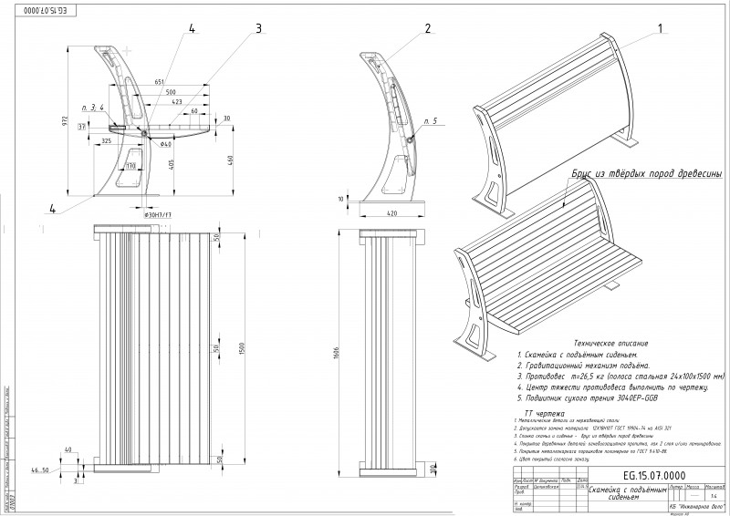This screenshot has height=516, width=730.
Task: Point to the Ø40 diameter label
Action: pos(166,144)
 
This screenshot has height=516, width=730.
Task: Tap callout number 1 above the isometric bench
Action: pos(658,28)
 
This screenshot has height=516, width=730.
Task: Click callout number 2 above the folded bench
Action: pos(426,28)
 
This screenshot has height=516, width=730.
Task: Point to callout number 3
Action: pos(258,28)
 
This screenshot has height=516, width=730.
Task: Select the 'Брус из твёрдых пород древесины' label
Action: pos(648,173)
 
